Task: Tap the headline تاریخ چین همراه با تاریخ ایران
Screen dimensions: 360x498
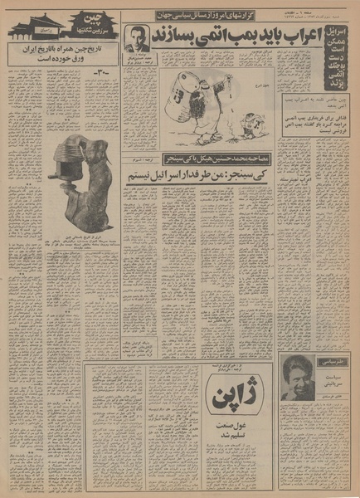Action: coord(60,55)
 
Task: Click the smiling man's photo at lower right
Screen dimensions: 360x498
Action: coord(300,376)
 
